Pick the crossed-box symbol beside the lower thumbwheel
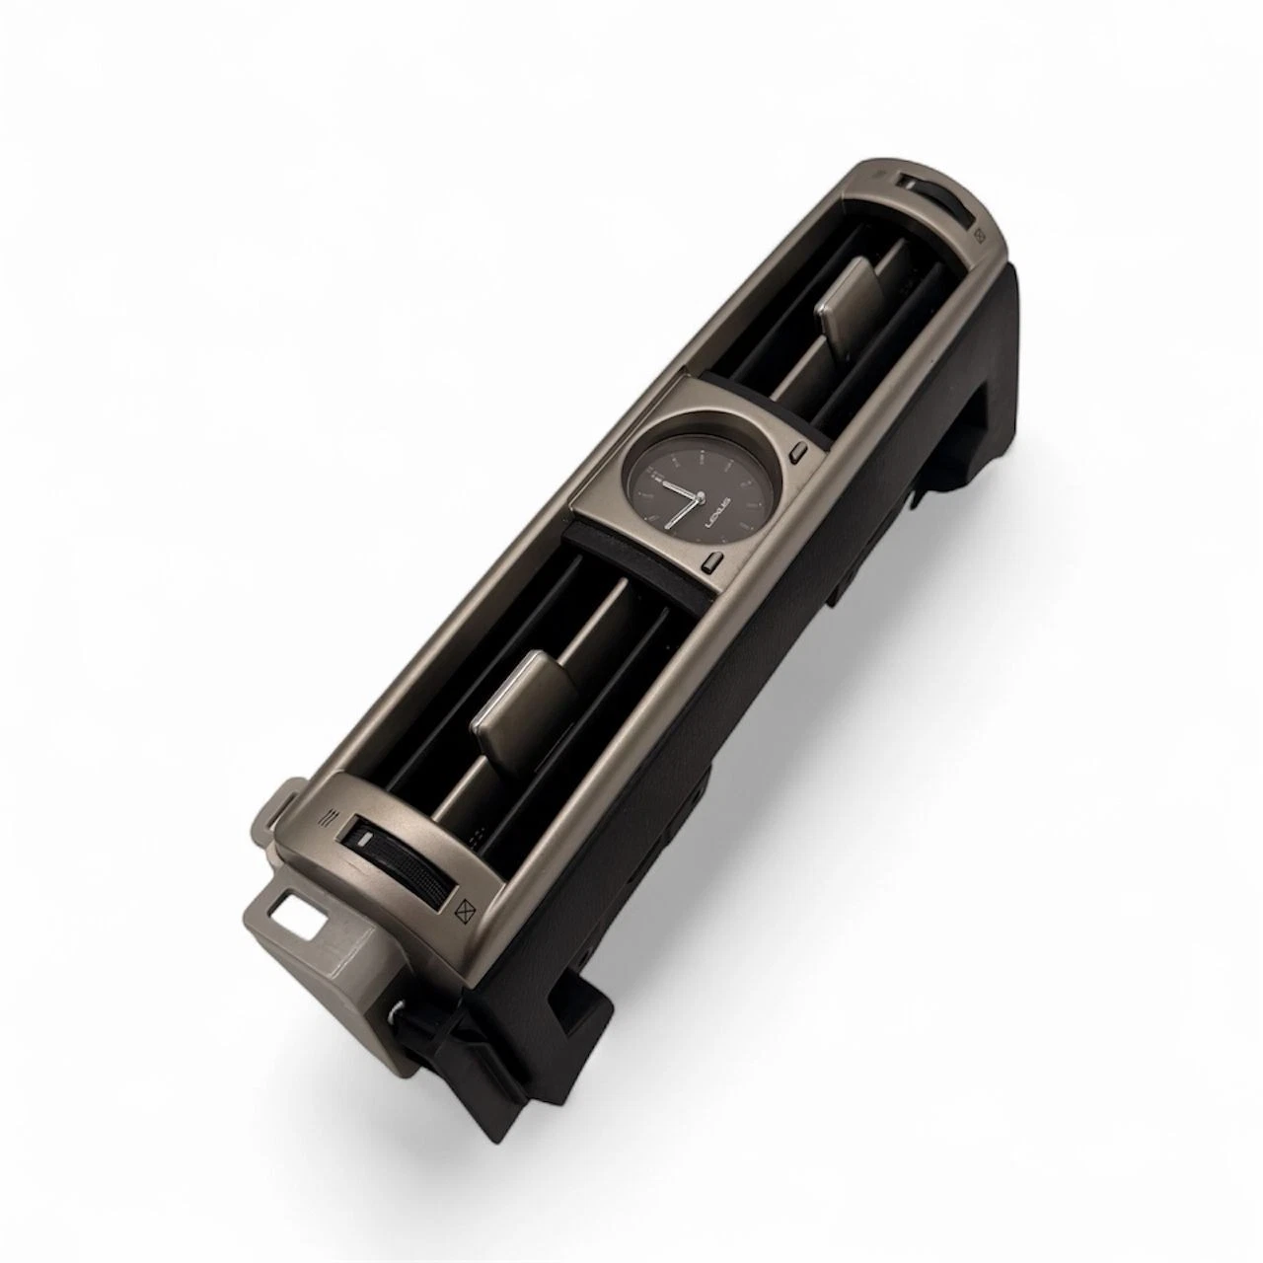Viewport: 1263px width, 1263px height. (x=465, y=909)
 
